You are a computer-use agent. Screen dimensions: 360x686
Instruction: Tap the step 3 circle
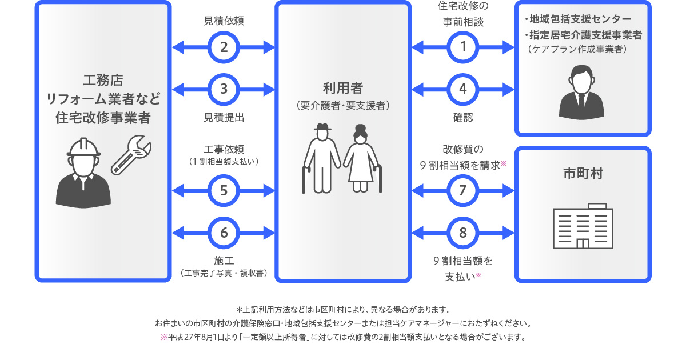click(x=224, y=89)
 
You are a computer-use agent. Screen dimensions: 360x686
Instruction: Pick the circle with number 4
click(x=463, y=89)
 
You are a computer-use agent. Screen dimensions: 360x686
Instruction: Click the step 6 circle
click(x=224, y=233)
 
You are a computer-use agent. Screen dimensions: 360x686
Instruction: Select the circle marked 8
click(x=463, y=233)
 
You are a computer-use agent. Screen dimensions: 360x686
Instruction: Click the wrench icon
click(x=132, y=154)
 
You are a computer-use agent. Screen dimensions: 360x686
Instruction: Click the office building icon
click(x=583, y=226)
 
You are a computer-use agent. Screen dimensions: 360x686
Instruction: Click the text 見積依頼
click(x=224, y=21)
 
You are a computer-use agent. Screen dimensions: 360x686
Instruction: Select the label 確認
click(x=463, y=117)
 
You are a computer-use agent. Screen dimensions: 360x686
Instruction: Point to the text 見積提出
click(x=224, y=117)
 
